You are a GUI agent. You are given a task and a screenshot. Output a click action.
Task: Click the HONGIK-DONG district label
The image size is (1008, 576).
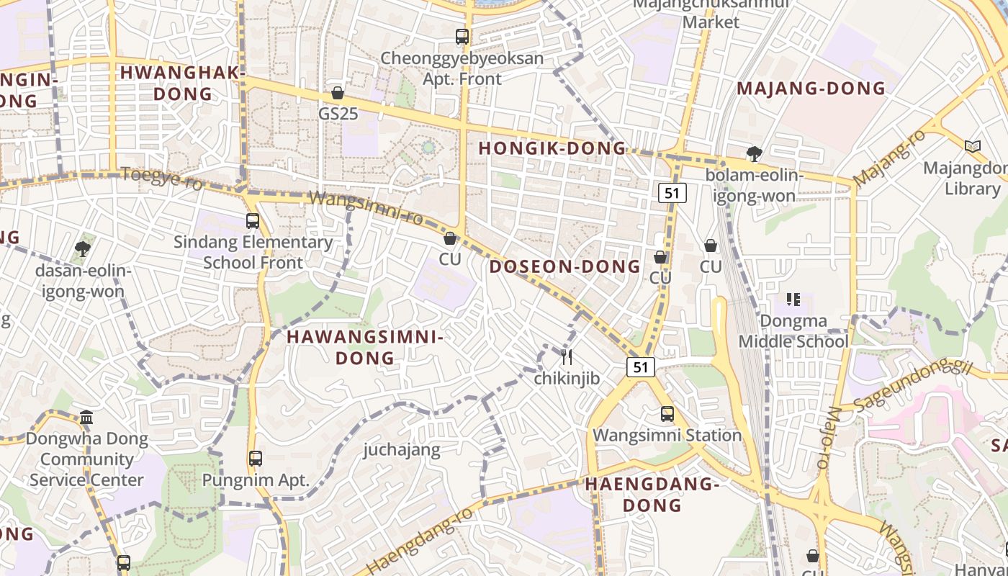552,148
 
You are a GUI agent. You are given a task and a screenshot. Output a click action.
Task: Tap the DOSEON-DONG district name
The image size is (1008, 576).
564,266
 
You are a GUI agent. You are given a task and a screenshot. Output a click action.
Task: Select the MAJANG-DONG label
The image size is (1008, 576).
811,89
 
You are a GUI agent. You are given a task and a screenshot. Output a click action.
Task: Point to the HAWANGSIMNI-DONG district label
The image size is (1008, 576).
365,347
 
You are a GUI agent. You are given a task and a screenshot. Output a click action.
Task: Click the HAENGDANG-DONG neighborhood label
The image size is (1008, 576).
652,494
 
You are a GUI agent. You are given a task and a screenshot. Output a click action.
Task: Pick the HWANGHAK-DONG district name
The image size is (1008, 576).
183,83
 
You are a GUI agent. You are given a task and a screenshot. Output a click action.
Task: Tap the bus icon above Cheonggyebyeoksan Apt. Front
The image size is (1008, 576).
462,36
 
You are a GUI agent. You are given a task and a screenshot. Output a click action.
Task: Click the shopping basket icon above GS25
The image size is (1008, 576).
337,93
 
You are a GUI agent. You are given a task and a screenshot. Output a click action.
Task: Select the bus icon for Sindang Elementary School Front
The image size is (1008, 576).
253,220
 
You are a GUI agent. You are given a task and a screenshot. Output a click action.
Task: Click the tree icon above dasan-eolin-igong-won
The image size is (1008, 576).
82,249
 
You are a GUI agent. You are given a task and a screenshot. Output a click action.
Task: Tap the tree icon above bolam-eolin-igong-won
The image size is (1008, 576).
754,153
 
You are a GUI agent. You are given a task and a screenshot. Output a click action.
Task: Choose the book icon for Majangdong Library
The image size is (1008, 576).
973,147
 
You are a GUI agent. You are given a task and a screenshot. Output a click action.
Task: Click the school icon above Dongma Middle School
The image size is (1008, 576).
793,299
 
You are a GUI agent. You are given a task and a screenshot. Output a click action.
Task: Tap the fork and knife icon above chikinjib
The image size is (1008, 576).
567,356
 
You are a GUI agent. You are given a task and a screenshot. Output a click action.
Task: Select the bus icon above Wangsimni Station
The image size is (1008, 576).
667,414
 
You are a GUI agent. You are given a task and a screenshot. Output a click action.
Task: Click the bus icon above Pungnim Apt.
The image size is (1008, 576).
255,458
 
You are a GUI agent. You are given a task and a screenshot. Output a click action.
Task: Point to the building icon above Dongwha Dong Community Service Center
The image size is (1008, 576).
86,417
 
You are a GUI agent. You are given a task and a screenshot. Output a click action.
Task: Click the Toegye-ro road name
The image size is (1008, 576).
162,177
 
